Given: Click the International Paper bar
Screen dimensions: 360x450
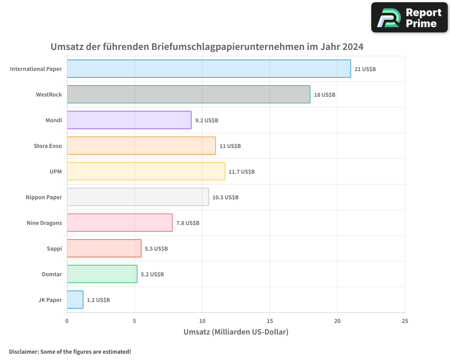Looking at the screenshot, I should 209,69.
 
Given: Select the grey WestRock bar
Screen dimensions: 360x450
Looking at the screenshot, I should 189,94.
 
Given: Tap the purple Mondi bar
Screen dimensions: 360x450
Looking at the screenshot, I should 129,120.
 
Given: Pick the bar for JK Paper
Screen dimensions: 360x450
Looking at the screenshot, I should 75,300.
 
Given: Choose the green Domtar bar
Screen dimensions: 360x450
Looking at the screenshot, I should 102,274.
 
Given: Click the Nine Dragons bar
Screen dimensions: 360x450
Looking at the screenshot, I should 120,223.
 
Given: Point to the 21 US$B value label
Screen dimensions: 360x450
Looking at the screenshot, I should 365,69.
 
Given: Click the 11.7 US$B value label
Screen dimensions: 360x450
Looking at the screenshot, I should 242,172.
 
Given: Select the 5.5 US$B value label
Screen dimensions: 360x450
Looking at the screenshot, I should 156,249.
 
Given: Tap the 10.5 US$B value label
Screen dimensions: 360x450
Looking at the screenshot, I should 225,198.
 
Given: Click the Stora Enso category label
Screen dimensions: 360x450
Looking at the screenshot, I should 48,146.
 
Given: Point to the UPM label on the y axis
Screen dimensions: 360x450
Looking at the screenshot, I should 56,171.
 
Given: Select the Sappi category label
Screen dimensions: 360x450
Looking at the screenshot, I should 54,248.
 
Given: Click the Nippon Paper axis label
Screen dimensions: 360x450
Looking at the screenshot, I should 44,197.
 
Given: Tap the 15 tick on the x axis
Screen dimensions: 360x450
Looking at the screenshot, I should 270,321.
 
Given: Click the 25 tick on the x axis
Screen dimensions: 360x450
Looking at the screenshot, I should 405,321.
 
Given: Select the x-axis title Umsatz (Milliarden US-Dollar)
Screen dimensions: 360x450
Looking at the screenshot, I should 236,332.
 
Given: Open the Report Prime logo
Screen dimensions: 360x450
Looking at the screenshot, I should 409,18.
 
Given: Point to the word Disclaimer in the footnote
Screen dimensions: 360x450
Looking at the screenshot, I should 23,351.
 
